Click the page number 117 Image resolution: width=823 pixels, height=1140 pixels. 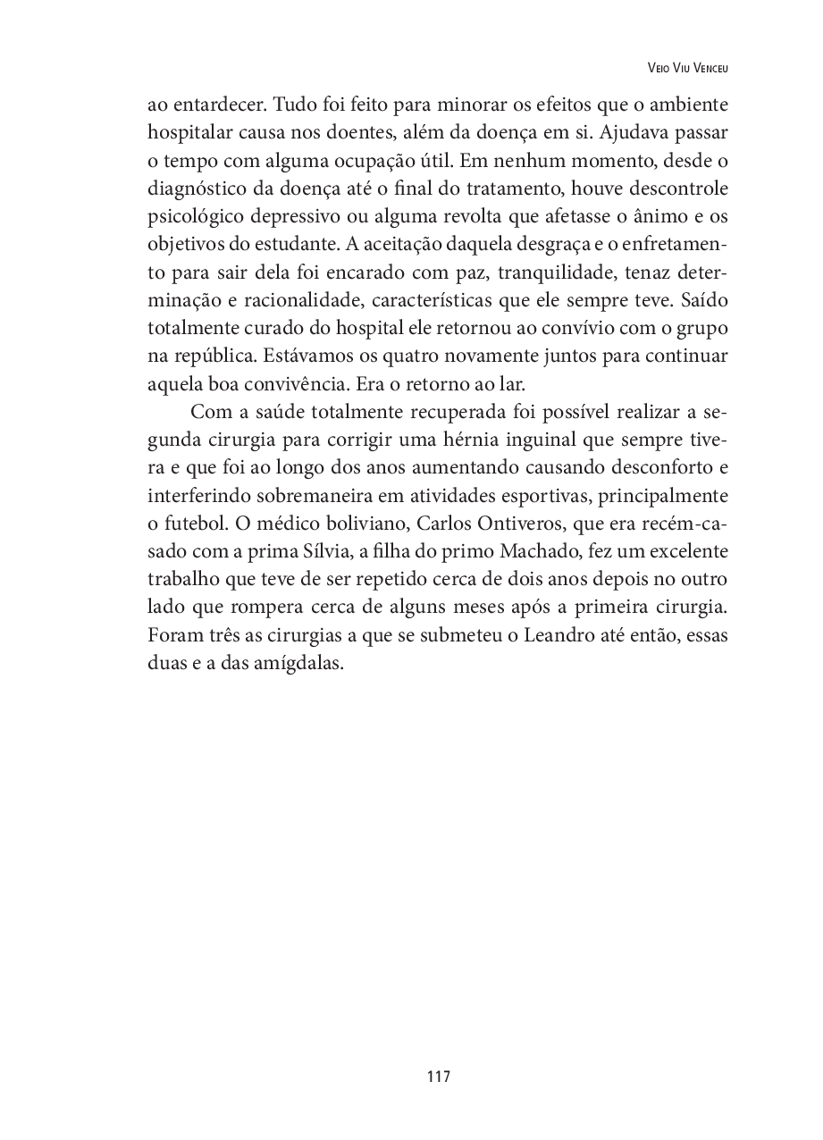pyautogui.click(x=439, y=1077)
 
